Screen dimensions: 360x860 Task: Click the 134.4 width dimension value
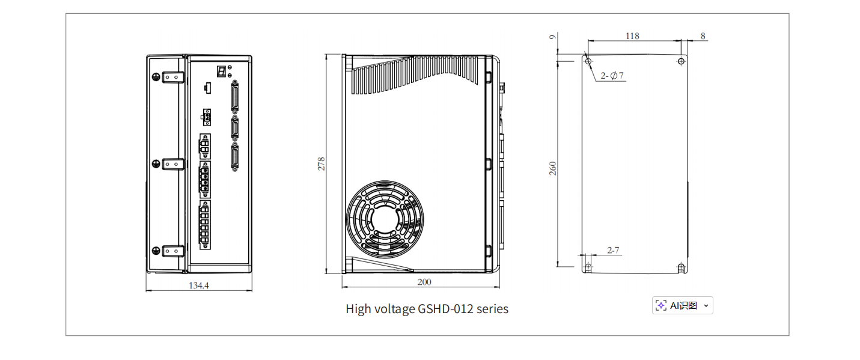coord(199,286)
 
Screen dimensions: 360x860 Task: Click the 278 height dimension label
coord(322,163)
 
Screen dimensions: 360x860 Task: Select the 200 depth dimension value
coord(424,282)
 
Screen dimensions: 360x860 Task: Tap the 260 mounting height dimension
coord(552,168)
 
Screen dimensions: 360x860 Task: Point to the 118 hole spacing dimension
coord(632,36)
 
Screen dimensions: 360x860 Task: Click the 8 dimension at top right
coord(703,36)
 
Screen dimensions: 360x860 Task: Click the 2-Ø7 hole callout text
coord(613,76)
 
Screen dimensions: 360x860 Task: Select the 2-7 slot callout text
coord(613,250)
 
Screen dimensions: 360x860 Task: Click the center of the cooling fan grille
coord(385,216)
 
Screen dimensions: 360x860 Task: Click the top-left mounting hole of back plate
coord(588,61)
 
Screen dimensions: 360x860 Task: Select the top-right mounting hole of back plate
coord(680,61)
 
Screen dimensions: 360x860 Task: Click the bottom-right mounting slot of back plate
coord(680,267)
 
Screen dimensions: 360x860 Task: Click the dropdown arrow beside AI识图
coord(706,305)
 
